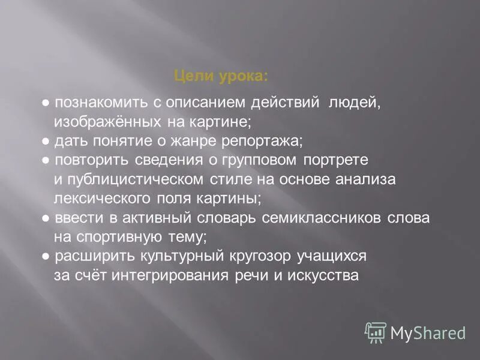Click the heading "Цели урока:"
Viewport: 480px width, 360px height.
pos(221,76)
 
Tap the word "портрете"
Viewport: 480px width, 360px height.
pos(334,161)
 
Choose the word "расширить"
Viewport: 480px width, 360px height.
pos(88,256)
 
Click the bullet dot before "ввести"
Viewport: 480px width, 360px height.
pos(46,218)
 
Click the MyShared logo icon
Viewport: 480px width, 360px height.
pos(376,331)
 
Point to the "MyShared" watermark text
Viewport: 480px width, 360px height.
pos(428,332)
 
